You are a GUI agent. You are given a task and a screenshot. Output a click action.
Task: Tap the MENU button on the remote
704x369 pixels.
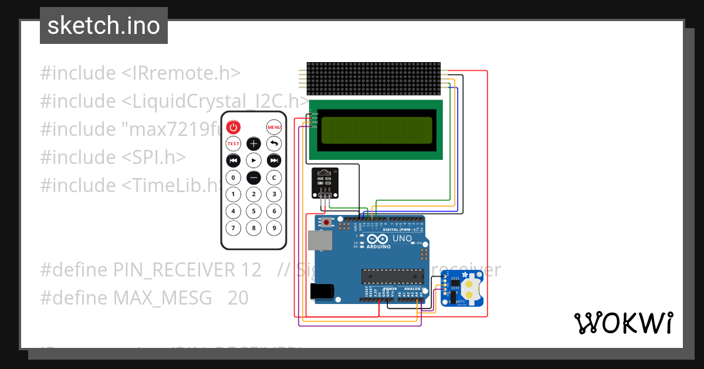274,127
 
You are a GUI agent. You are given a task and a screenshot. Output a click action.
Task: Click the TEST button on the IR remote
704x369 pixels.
233,143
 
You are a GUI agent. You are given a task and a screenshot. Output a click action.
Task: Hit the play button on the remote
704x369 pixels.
253,160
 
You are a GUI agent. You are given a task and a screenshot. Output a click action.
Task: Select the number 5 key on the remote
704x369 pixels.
253,211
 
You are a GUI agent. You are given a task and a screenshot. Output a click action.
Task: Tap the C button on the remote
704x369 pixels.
274,177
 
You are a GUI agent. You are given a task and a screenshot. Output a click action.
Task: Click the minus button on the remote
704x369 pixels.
253,177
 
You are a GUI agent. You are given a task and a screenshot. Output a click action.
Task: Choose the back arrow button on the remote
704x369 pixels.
274,143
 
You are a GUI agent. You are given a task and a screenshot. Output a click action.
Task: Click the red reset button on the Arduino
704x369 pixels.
326,223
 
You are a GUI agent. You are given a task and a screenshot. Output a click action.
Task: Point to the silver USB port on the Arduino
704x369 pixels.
320,241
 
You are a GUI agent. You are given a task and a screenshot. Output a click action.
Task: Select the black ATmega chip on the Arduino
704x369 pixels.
392,276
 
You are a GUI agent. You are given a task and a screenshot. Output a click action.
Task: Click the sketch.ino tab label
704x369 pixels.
104,26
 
